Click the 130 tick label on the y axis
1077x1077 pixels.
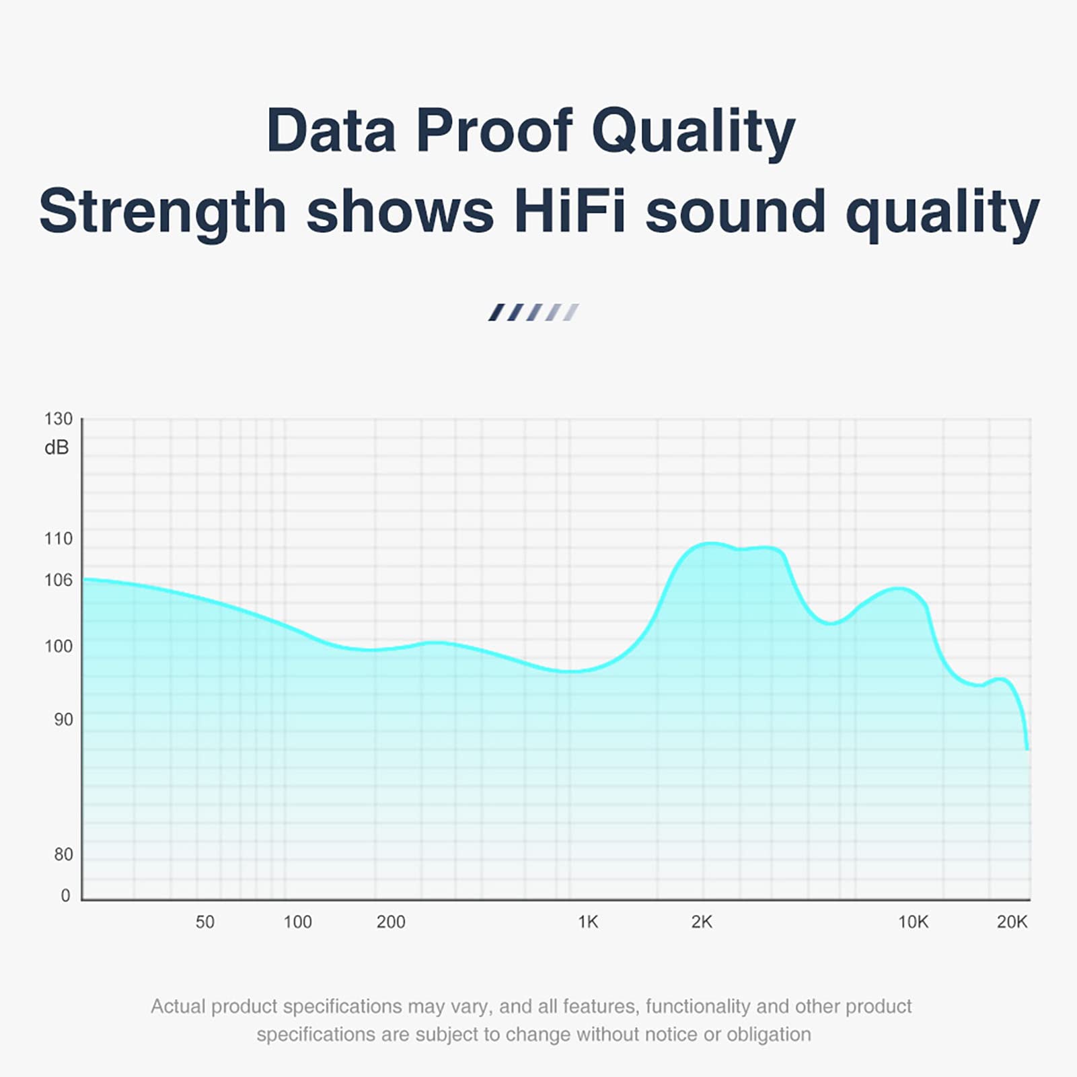59,419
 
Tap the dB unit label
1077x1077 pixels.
57,448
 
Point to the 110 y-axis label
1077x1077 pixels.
59,539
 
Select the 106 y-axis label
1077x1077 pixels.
59,580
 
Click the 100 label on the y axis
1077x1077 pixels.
59,646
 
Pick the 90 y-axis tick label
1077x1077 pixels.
63,720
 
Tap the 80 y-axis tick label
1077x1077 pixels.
63,854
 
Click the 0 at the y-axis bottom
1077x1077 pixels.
65,895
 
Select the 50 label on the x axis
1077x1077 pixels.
205,922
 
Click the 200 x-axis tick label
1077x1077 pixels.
391,922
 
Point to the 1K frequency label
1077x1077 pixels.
588,922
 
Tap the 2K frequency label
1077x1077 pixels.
702,922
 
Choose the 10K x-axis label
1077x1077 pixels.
913,922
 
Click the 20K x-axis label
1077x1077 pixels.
1012,922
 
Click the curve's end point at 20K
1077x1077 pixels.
1027,748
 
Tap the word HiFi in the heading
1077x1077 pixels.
569,211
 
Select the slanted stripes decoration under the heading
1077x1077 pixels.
533,312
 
